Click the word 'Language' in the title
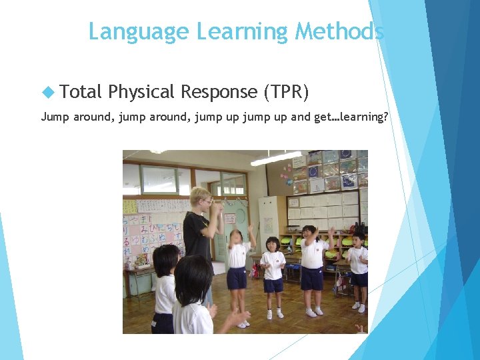[139, 31]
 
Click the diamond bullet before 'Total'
[47, 92]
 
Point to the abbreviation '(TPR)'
[286, 92]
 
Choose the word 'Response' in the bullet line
[219, 92]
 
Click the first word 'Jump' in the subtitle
[55, 117]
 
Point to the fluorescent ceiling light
[275, 159]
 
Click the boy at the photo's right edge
[359, 267]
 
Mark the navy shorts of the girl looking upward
[237, 277]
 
